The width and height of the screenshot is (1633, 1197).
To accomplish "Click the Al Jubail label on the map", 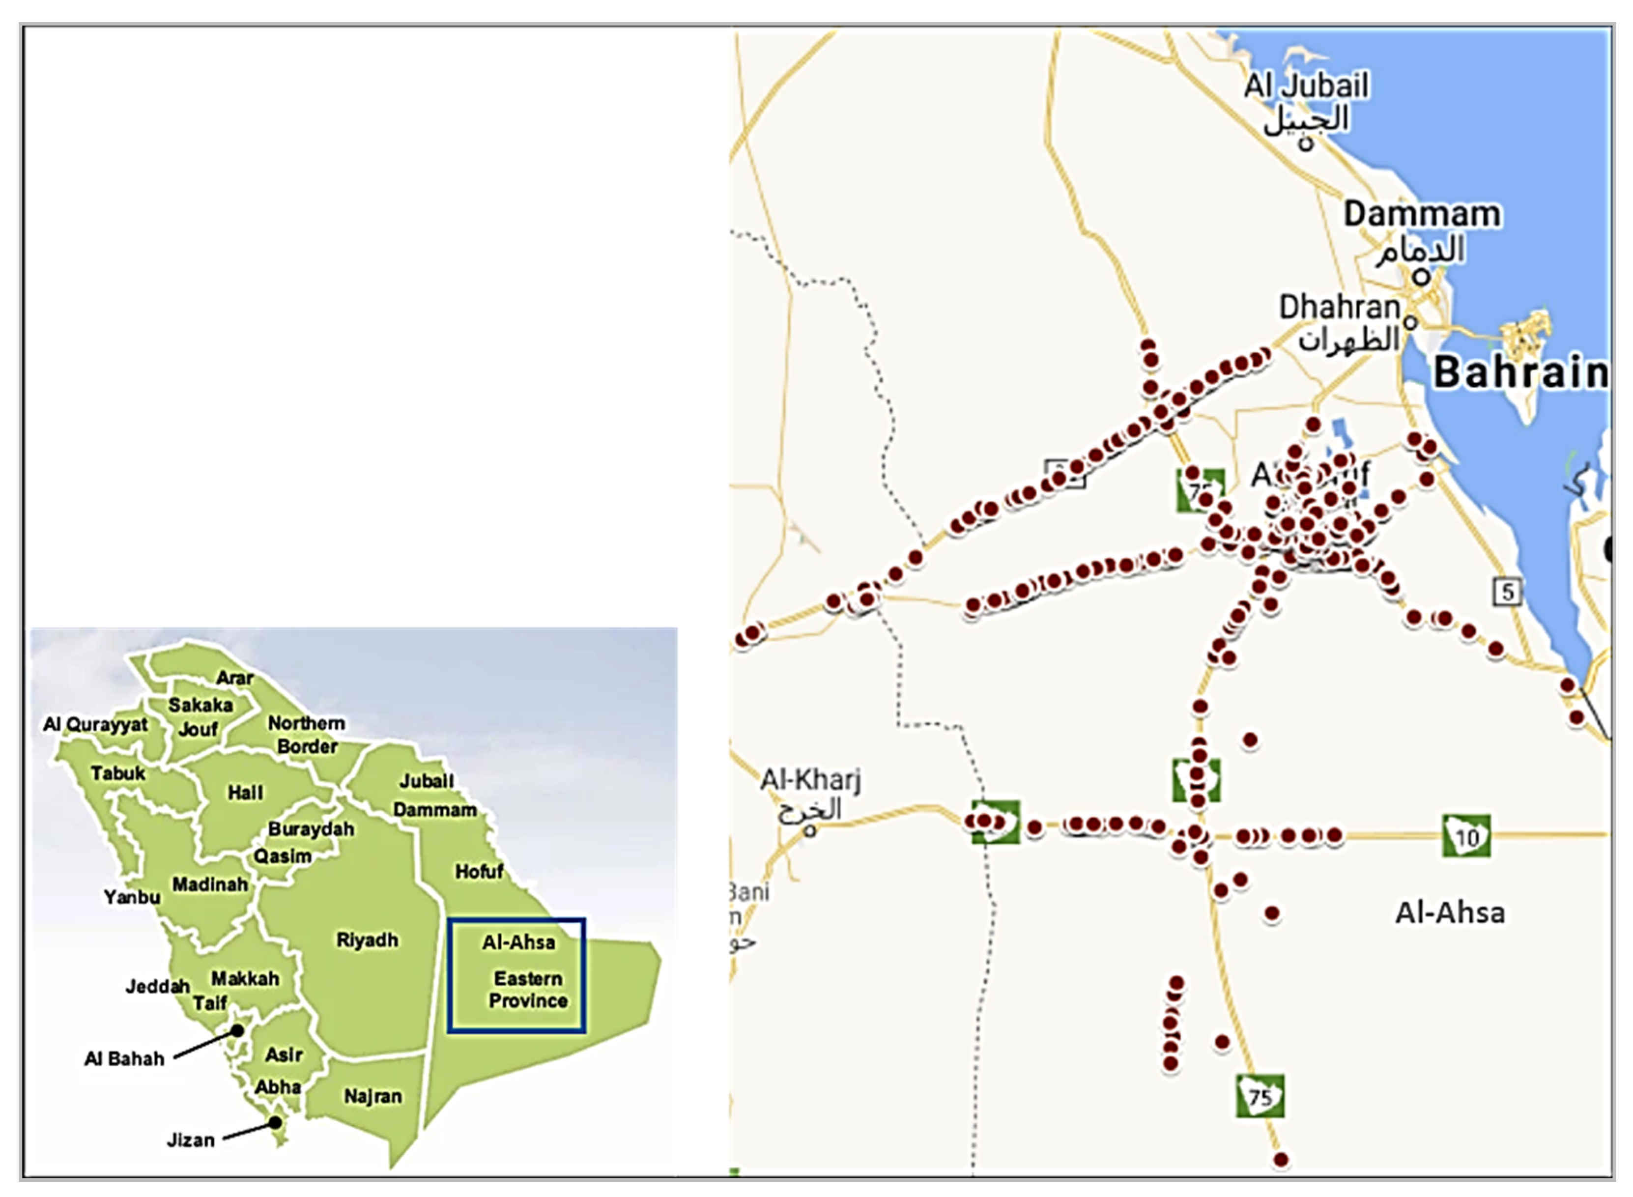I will (1306, 85).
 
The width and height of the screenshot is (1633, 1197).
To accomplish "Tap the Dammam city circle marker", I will (1421, 277).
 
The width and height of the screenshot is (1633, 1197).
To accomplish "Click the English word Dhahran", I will (1339, 307).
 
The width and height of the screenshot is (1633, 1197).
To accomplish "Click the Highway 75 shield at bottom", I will (1260, 1096).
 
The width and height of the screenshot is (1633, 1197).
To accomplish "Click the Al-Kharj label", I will (810, 780).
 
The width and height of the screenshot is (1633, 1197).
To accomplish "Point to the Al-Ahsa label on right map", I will (1450, 912).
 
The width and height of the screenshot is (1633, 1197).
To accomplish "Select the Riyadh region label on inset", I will (367, 940).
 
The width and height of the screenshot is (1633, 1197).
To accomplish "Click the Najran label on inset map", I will (372, 1096).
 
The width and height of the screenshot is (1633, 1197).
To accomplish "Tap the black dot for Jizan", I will (275, 1122).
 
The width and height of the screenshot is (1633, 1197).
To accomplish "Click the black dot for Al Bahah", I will (237, 1029).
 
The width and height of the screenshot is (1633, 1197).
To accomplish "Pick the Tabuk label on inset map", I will (118, 773).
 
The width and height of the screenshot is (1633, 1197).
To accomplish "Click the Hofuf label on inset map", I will (479, 871).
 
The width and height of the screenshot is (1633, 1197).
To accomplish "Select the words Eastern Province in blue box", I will (527, 989).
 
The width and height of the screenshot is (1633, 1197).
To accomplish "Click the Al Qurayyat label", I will (95, 724).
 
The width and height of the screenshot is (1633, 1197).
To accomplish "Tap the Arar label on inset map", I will (235, 678).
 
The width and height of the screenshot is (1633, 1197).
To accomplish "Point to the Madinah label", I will (210, 884).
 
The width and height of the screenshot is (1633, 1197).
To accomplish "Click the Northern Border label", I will (307, 734).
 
